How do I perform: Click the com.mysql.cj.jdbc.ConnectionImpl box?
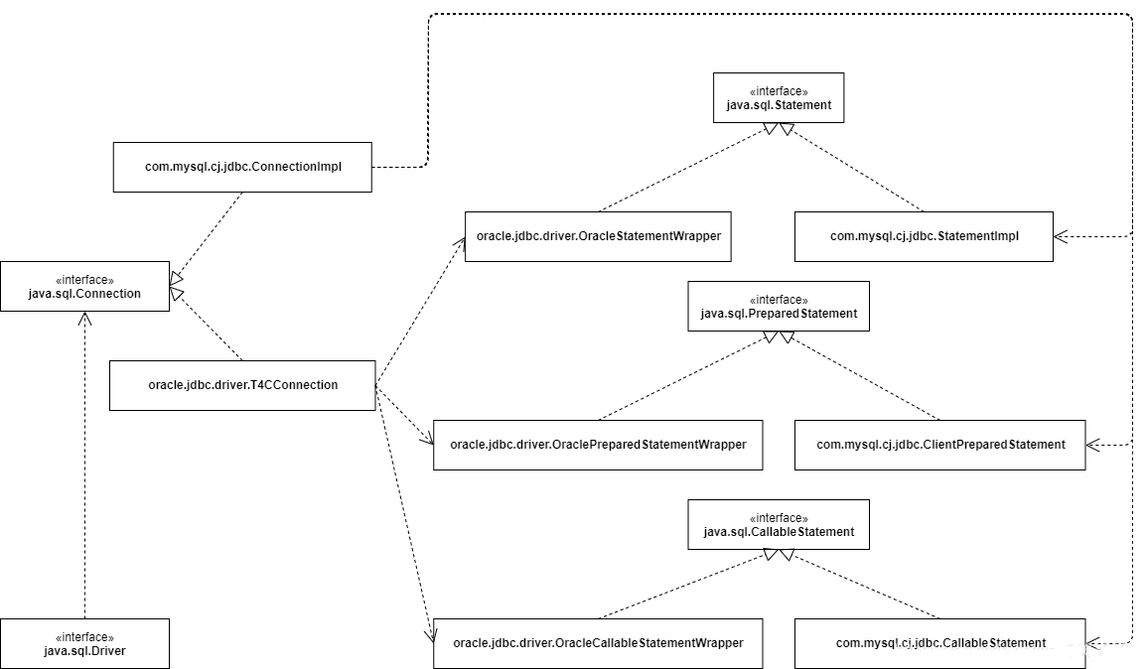(x=242, y=168)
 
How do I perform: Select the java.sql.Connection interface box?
(x=84, y=287)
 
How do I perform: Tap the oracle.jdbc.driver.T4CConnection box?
(x=242, y=385)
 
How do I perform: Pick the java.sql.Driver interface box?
(x=84, y=643)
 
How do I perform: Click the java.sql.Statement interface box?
(x=779, y=98)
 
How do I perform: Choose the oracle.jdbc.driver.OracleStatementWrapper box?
(x=598, y=236)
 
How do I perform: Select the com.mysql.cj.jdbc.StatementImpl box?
(x=924, y=236)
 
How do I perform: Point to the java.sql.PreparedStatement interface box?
(x=779, y=307)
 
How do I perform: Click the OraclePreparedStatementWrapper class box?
(x=598, y=445)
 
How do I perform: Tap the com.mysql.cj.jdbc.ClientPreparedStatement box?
(x=940, y=445)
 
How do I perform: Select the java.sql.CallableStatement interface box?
(x=779, y=525)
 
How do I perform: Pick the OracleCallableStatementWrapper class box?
(x=598, y=643)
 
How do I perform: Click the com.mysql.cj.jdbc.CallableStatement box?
(x=940, y=643)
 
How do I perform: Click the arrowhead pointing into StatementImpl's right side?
(x=1060, y=236)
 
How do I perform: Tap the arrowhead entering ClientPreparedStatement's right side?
(x=1092, y=445)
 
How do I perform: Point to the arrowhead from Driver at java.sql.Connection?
(x=84, y=318)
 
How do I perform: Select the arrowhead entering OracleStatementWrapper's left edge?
(x=460, y=243)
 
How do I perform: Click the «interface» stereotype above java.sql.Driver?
(x=84, y=637)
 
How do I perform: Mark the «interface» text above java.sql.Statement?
(x=779, y=91)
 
